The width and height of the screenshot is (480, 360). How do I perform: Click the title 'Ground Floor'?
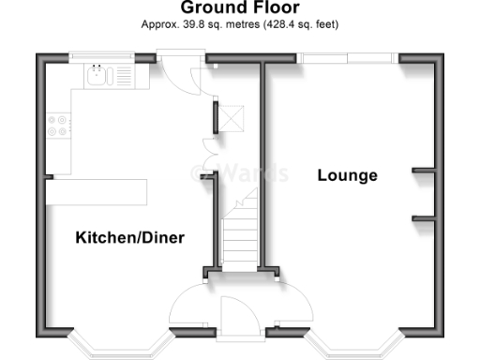[239, 8]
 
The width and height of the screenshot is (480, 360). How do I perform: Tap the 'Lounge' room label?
[347, 175]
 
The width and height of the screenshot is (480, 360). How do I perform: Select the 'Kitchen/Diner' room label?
[129, 238]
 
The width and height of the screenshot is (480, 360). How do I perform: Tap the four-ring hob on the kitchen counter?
[55, 126]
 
